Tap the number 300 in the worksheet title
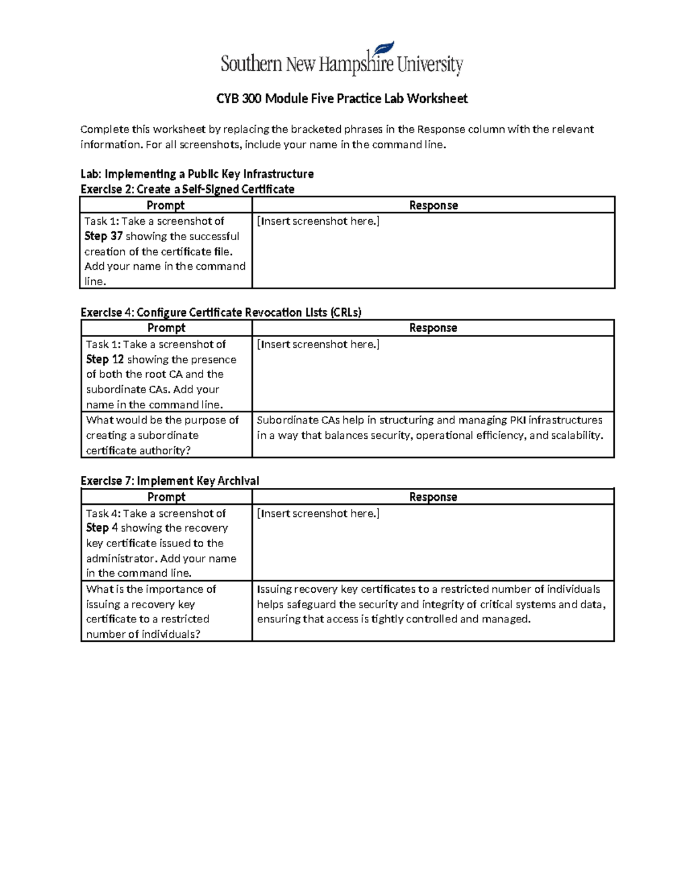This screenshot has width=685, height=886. [252, 99]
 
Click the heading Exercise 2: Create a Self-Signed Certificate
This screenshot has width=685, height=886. [187, 189]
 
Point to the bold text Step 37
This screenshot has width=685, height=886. [103, 236]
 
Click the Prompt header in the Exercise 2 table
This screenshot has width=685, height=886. [166, 205]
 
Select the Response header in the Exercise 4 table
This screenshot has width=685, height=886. [433, 328]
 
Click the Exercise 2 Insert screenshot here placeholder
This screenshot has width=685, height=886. [318, 221]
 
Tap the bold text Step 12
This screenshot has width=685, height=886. [105, 359]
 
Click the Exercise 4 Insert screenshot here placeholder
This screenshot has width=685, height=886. [318, 345]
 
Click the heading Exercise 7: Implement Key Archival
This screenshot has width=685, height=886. [170, 481]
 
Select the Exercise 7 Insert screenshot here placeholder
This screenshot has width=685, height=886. [318, 513]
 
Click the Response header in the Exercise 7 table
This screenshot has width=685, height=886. [433, 497]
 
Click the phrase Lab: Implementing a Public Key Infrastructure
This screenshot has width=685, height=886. [197, 174]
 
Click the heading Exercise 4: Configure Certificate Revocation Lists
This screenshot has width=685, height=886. [221, 313]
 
